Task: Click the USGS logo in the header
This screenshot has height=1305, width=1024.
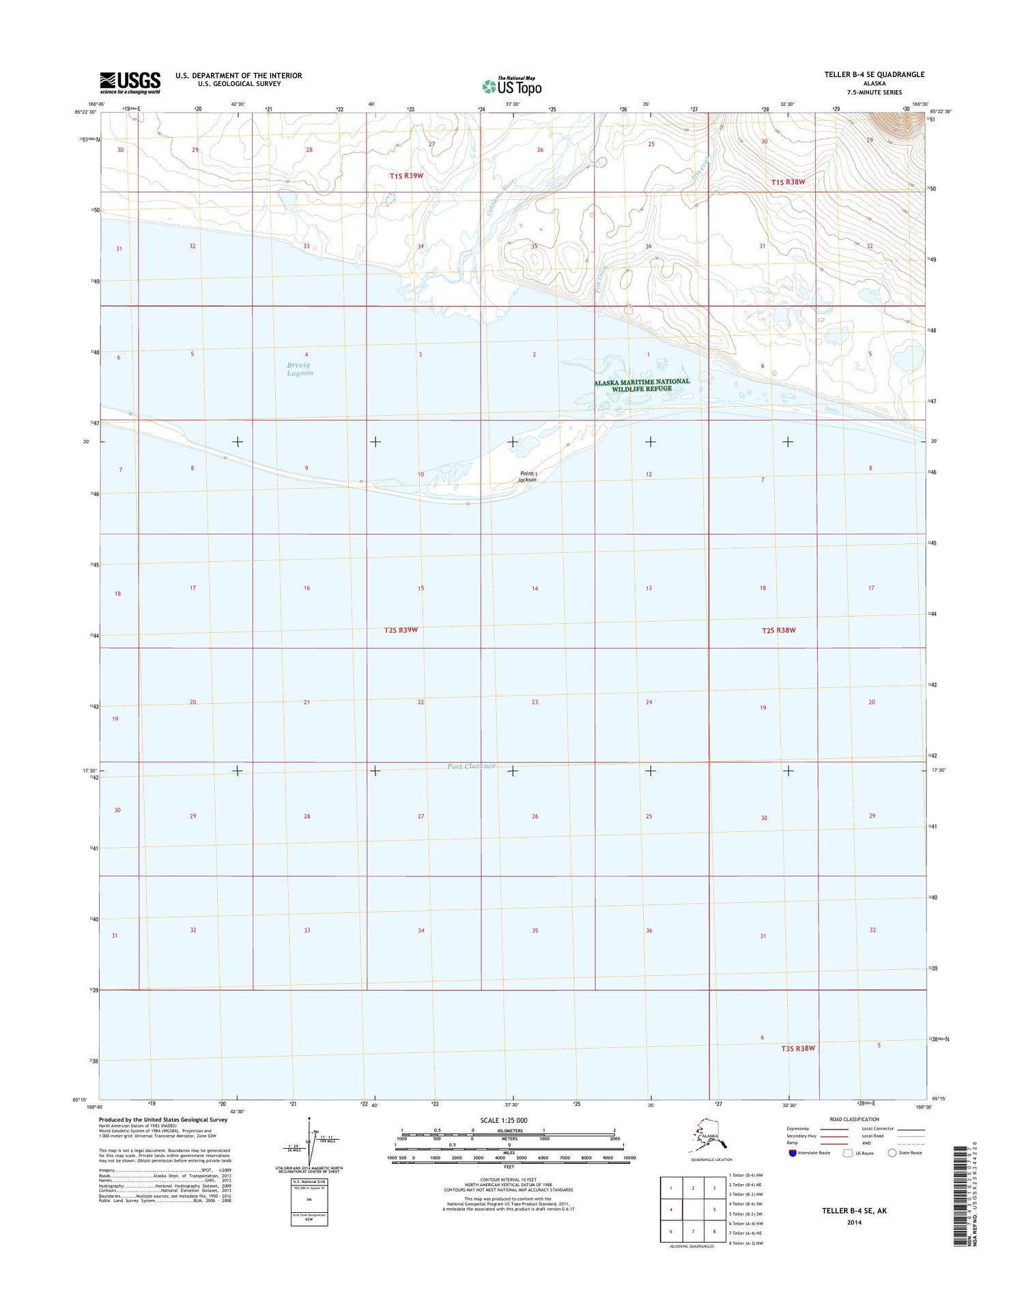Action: pyautogui.click(x=130, y=82)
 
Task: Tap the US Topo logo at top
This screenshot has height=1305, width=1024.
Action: pyautogui.click(x=511, y=86)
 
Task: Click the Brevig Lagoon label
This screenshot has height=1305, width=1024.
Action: pyautogui.click(x=300, y=369)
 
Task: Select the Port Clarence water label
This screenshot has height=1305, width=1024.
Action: pyautogui.click(x=471, y=766)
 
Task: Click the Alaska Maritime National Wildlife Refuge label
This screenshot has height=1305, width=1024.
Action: pyautogui.click(x=642, y=385)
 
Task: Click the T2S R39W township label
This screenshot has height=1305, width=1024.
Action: pyautogui.click(x=401, y=630)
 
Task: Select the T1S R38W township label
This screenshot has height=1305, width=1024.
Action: pyautogui.click(x=788, y=182)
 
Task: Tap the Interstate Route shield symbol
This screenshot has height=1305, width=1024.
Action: pyautogui.click(x=791, y=1153)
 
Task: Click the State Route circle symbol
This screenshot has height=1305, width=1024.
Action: pyautogui.click(x=892, y=1153)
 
